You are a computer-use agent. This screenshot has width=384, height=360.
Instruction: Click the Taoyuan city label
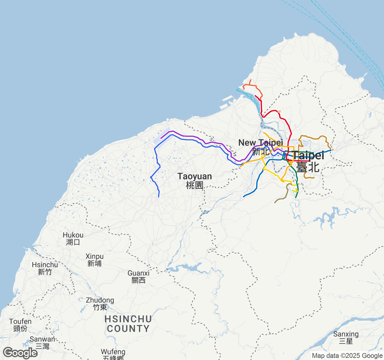coord(194,180)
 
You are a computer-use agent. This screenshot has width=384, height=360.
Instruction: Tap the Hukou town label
coord(73,238)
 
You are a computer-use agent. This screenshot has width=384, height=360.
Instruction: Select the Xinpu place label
coord(94,260)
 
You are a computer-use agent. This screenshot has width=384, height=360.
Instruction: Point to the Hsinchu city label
coord(45,268)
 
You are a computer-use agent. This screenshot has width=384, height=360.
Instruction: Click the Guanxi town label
coord(138,277)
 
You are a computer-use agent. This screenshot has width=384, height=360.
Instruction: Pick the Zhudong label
coord(100,304)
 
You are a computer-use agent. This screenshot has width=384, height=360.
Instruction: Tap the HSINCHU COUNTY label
coord(128,324)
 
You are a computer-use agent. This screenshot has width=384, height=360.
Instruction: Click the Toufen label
coord(20,325)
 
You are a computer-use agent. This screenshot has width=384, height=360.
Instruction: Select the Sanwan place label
coord(42,342)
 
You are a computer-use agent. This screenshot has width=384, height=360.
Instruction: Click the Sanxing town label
coord(346,337)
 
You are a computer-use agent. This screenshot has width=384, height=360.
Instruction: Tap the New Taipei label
coord(260,147)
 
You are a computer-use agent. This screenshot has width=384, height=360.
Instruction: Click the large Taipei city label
coord(308,161)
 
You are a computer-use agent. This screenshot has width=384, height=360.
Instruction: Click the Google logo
coord(20,353)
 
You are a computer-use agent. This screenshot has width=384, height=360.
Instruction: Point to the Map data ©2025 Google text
coord(347,356)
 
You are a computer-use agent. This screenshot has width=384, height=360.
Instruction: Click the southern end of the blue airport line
coord(159,197)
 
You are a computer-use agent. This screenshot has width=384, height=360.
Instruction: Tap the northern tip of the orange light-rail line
coord(250,80)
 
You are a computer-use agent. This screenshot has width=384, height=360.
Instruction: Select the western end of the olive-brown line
coord(275,203)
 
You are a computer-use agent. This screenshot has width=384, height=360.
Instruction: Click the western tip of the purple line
coord(161,138)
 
